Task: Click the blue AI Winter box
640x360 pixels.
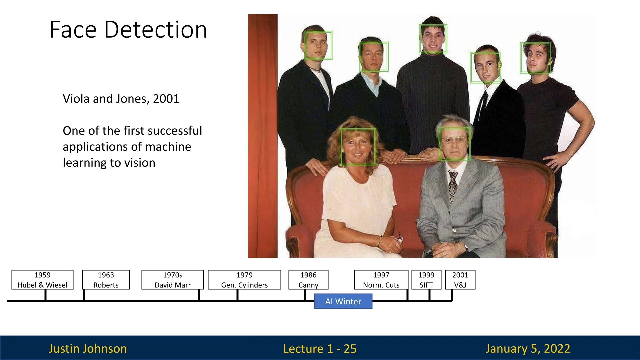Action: tap(343, 301)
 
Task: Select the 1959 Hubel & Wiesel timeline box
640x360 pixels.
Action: tap(42, 280)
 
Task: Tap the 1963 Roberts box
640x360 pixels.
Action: tap(106, 280)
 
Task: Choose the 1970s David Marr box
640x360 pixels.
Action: tap(173, 280)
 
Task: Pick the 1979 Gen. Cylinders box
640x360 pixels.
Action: tap(244, 280)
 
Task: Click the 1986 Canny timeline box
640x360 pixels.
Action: tap(308, 280)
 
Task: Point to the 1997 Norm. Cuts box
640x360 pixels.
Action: tap(381, 280)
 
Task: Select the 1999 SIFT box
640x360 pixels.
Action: tap(426, 280)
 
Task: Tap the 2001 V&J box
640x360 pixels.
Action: tap(460, 280)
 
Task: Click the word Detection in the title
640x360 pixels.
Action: tap(156, 30)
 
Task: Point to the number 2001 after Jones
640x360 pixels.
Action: tap(166, 99)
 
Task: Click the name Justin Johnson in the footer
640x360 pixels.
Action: tap(88, 349)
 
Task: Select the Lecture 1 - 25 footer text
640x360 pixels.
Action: tap(320, 349)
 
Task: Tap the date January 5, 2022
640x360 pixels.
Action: tap(528, 349)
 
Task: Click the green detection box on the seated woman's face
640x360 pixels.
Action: tap(340, 147)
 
